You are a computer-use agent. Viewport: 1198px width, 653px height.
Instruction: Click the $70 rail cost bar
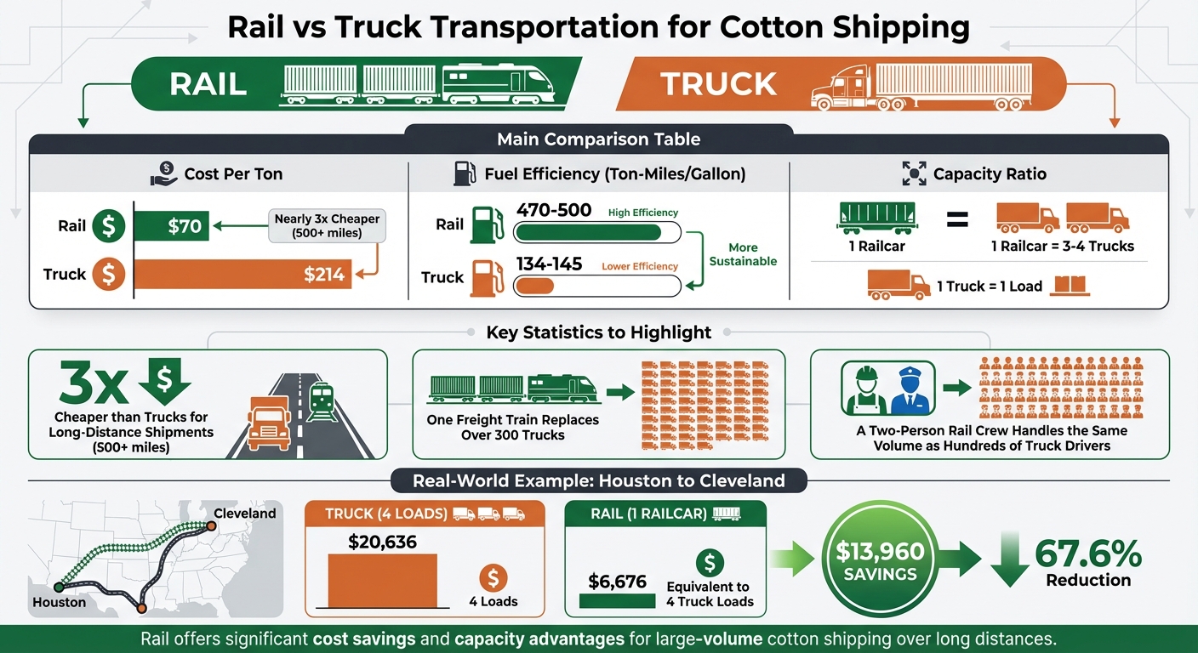pos(172,226)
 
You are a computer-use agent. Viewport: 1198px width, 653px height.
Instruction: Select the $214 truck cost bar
pos(243,274)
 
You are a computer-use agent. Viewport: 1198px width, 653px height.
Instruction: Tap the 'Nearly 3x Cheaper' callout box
pos(327,226)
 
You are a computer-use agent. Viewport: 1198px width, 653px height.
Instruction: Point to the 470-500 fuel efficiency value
pos(554,210)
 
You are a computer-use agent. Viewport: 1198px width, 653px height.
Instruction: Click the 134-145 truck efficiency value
pos(550,264)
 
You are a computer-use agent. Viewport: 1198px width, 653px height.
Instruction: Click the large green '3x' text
pos(94,383)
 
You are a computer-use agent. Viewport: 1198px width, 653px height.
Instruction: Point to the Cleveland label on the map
pos(245,514)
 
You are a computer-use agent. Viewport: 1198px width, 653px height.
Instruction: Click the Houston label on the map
pos(59,602)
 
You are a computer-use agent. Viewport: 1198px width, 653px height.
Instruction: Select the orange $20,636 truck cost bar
pos(382,580)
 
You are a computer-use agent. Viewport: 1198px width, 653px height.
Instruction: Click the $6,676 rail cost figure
pos(618,582)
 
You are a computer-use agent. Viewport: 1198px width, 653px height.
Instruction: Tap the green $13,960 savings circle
pos(881,562)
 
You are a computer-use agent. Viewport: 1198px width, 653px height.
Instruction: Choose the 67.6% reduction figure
pos(1088,554)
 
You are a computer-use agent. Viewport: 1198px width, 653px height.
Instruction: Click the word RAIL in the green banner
pos(208,84)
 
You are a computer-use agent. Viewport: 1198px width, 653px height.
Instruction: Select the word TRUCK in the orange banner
pos(719,84)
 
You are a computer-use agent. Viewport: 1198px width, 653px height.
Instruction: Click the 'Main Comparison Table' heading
pos(599,139)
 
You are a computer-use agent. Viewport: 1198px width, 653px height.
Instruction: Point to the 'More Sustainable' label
pos(743,254)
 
